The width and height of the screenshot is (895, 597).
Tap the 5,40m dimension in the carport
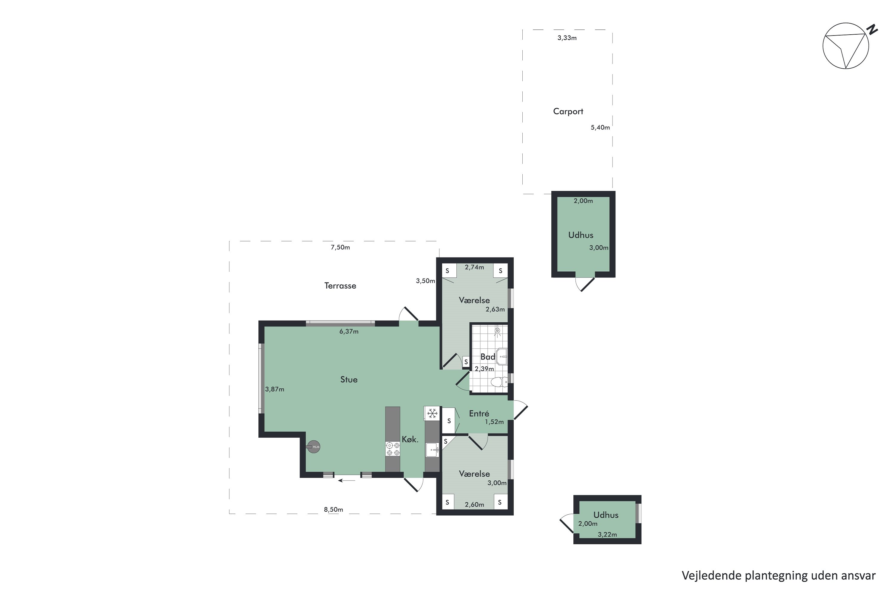(600, 127)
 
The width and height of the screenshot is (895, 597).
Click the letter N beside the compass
(872, 29)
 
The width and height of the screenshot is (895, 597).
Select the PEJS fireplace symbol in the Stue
(314, 447)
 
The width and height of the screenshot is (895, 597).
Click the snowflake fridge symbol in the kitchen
(432, 413)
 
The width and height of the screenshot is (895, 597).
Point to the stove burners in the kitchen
(393, 449)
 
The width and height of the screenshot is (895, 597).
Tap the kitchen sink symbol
(432, 450)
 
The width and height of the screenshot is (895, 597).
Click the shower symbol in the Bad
(497, 331)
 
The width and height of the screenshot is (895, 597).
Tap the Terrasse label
(340, 286)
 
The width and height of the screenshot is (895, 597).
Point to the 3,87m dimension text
(274, 389)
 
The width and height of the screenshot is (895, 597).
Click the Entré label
(479, 413)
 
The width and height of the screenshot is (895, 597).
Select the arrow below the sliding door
(346, 481)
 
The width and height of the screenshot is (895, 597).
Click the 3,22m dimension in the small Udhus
(607, 535)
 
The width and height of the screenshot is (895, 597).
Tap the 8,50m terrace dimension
(333, 510)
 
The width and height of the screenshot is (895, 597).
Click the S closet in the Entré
(449, 421)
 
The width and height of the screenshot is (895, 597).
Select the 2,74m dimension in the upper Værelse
(474, 267)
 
